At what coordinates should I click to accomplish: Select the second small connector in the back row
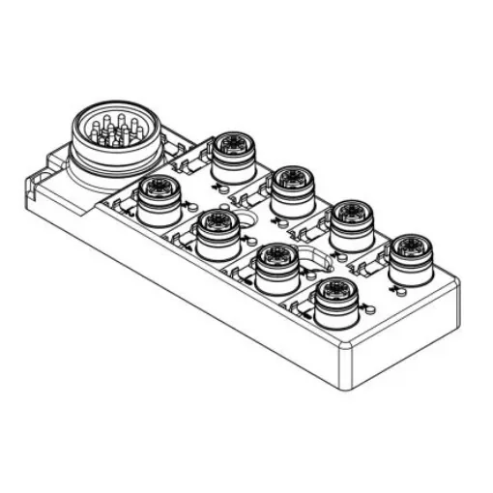(289, 183)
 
